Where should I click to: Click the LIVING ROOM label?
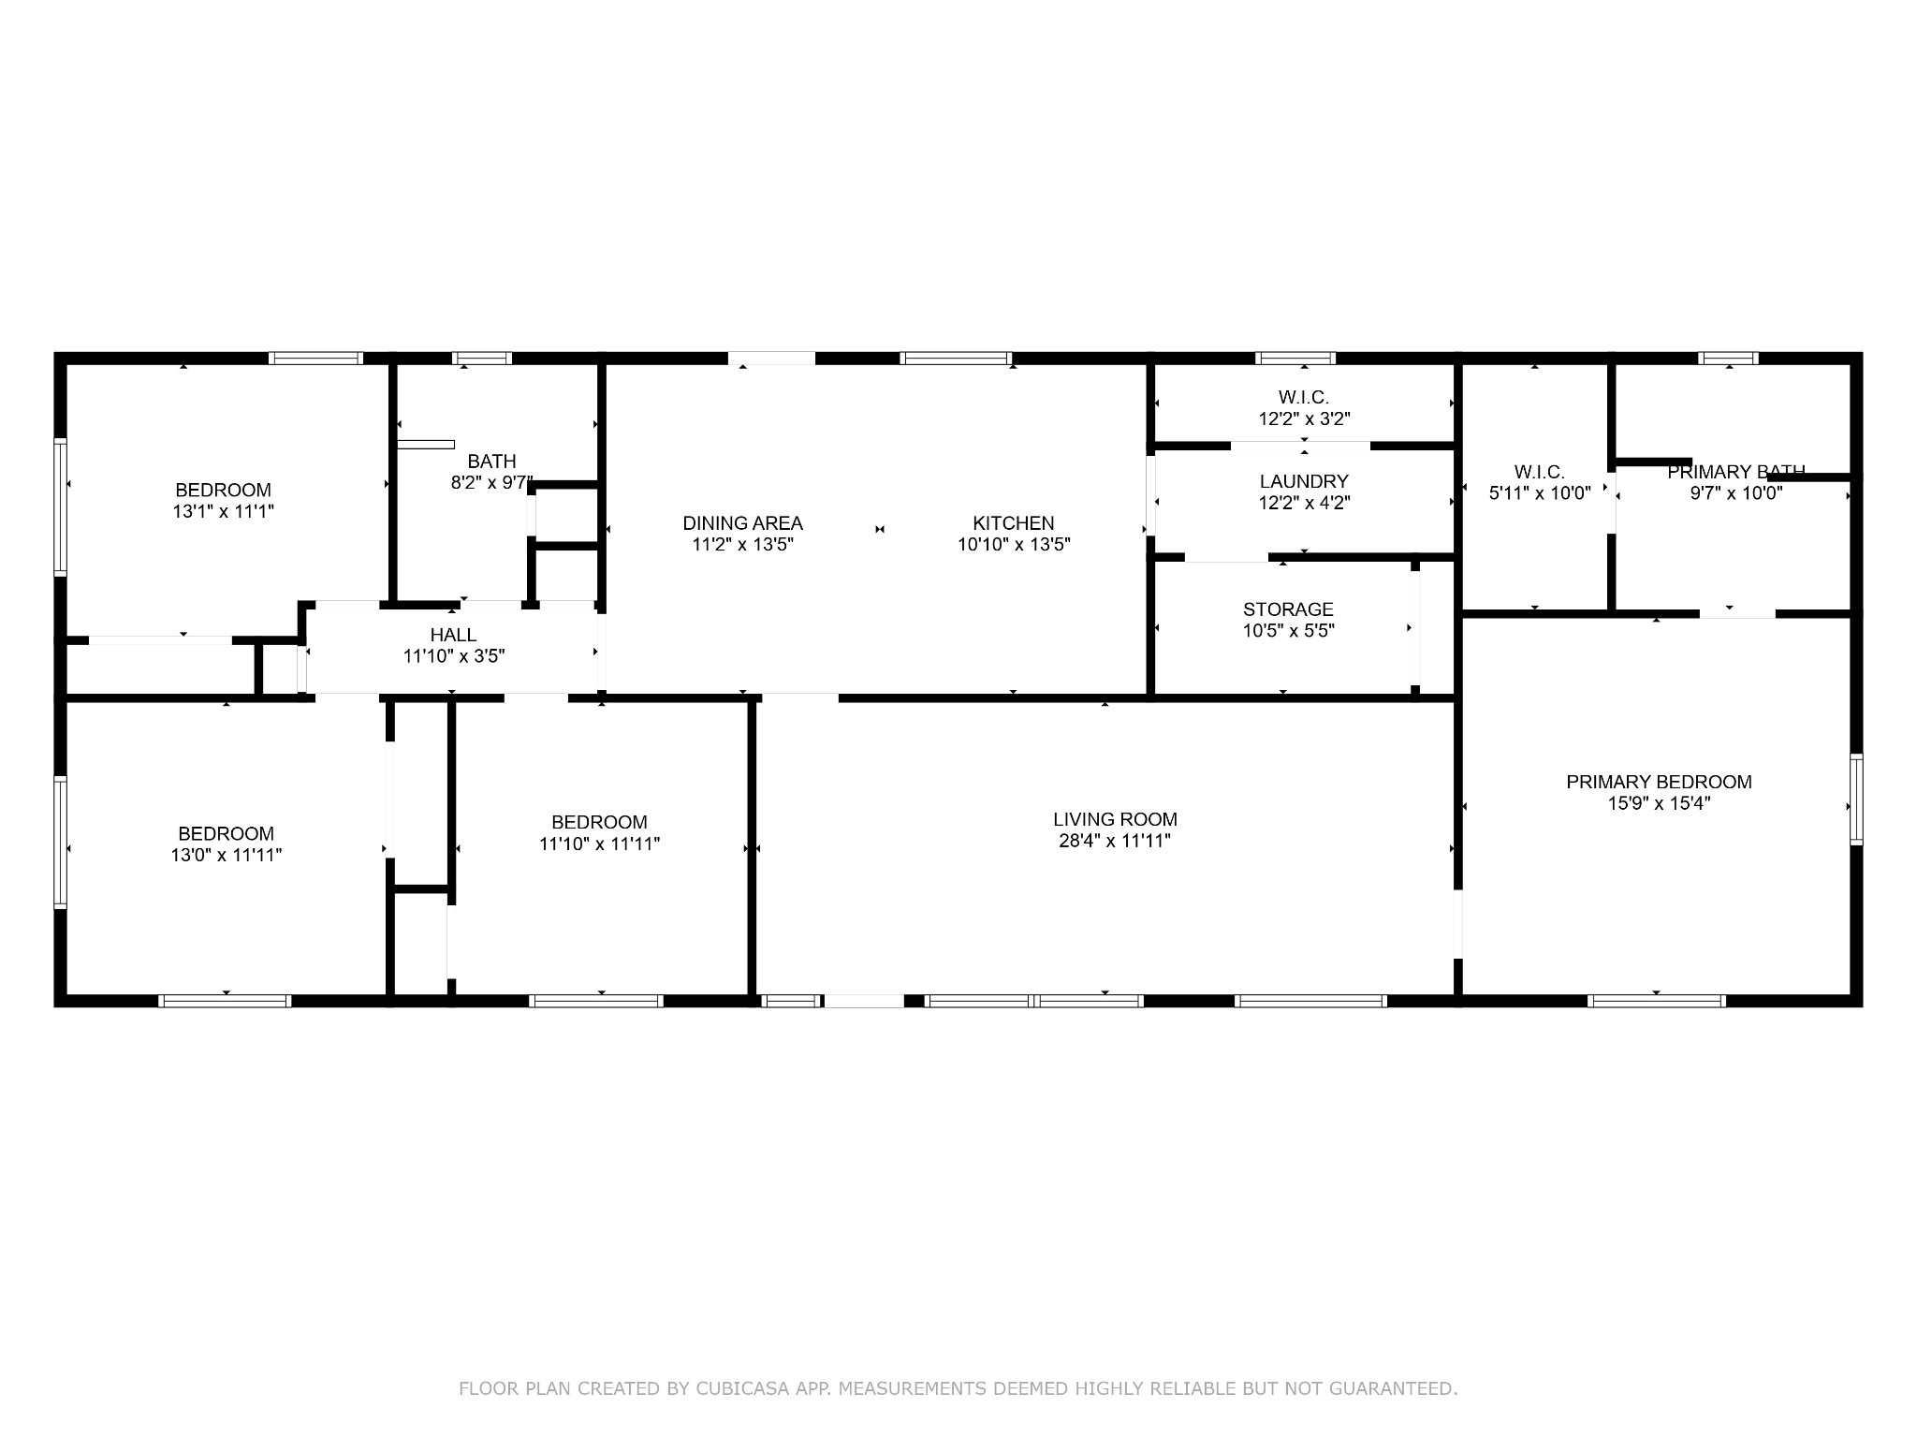point(1114,820)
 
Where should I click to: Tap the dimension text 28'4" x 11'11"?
point(1114,842)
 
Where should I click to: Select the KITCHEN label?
point(1013,523)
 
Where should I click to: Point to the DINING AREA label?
point(742,523)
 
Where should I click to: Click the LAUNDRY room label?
point(1303,481)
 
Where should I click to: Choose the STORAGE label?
point(1288,609)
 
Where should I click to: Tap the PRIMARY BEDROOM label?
point(1659,782)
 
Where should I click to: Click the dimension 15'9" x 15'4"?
point(1659,803)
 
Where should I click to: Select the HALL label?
point(453,635)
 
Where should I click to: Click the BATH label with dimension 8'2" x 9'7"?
point(491,461)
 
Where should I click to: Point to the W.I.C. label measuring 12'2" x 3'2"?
point(1303,398)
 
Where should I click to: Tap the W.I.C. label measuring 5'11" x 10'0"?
point(1539,472)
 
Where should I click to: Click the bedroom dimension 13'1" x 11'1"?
point(223,512)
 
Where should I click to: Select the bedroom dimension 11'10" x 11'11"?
point(599,844)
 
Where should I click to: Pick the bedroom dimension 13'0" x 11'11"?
point(226,855)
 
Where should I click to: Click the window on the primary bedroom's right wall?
point(1855,799)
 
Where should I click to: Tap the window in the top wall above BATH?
point(482,358)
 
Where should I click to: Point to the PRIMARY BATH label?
point(1735,472)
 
